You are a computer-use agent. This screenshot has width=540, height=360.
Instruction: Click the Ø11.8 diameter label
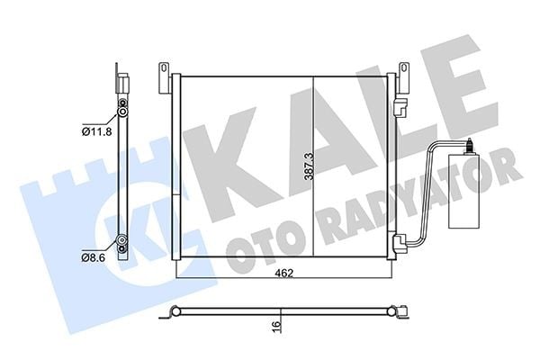coord(97,131)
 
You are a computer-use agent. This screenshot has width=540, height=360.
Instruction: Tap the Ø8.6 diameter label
coord(94,257)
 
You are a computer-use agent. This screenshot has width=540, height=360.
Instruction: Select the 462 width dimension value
coord(284,274)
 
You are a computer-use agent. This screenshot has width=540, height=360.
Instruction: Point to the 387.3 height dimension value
coord(309,166)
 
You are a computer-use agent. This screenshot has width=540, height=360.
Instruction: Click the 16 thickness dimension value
coord(276,324)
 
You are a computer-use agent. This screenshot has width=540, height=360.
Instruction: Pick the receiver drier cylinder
coord(463,192)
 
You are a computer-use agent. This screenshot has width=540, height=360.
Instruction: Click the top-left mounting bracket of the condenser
coord(165,78)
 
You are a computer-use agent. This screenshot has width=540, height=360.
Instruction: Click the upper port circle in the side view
coord(122,112)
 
